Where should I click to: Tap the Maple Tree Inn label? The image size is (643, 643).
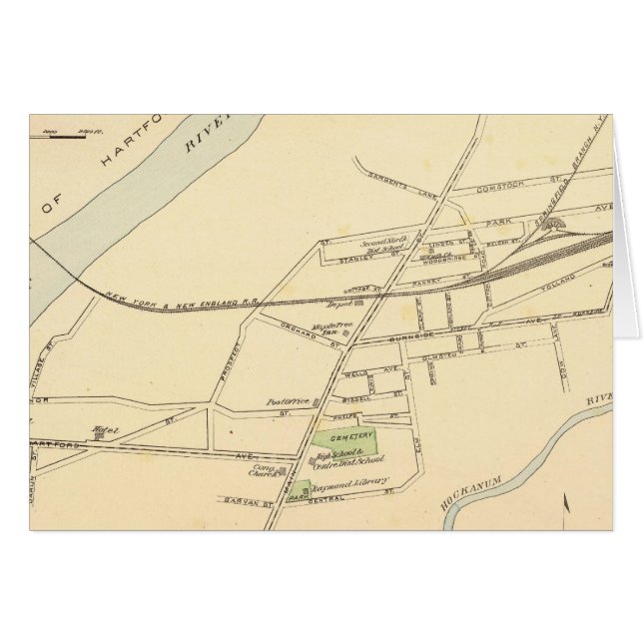pyautogui.click(x=326, y=330)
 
